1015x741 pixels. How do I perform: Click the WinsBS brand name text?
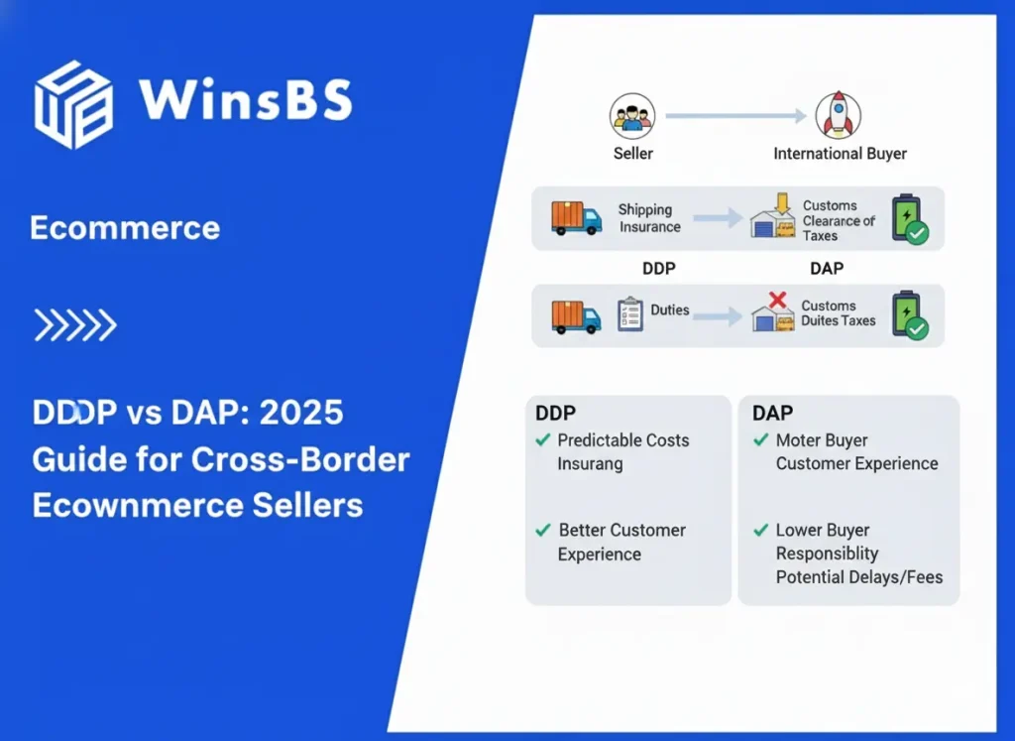pyautogui.click(x=245, y=100)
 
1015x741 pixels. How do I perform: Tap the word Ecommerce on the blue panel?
pyautogui.click(x=125, y=228)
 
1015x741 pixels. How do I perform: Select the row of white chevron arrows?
pyautogui.click(x=75, y=324)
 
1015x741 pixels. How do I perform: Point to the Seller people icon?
pyautogui.click(x=631, y=116)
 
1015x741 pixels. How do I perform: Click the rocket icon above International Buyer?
pyautogui.click(x=838, y=116)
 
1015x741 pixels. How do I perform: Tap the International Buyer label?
pyautogui.click(x=840, y=154)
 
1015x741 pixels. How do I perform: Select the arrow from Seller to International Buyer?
pyautogui.click(x=734, y=116)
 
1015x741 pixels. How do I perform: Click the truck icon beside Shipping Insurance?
pyautogui.click(x=577, y=217)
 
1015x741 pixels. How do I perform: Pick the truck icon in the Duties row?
pyautogui.click(x=577, y=316)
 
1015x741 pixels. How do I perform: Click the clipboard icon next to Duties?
pyautogui.click(x=629, y=313)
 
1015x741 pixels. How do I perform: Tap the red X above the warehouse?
pyautogui.click(x=778, y=300)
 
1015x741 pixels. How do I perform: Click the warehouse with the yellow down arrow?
pyautogui.click(x=773, y=217)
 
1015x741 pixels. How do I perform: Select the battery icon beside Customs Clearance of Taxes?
pyautogui.click(x=909, y=218)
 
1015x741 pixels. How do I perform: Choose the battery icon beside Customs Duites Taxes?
pyautogui.click(x=909, y=315)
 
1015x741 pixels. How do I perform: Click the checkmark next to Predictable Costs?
pyautogui.click(x=542, y=439)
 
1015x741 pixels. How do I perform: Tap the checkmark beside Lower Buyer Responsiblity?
pyautogui.click(x=760, y=530)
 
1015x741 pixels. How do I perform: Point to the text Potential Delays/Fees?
pyautogui.click(x=858, y=576)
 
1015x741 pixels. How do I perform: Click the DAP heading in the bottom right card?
pyautogui.click(x=773, y=413)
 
